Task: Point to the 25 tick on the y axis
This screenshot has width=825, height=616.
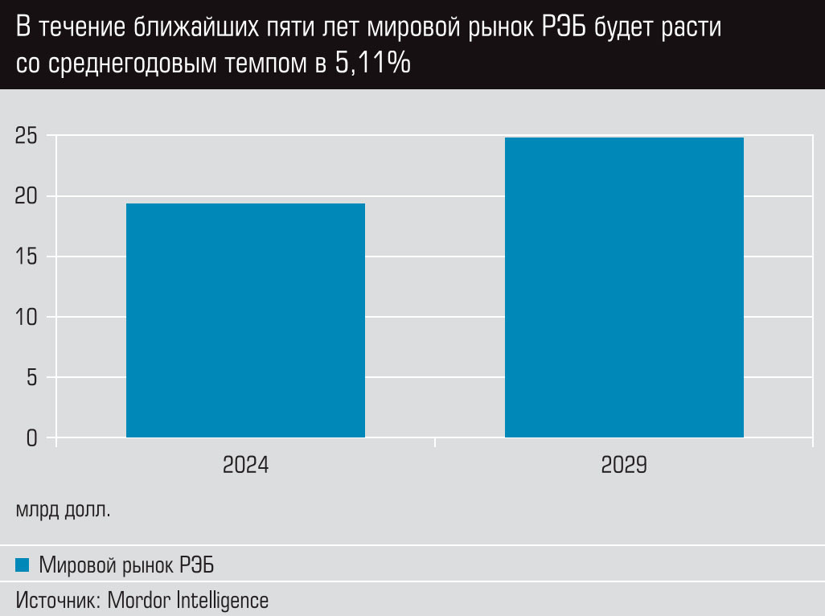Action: point(27,137)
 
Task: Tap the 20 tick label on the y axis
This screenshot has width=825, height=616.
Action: point(27,197)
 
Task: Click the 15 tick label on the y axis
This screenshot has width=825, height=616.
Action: point(27,257)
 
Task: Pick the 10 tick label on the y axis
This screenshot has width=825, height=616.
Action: point(27,318)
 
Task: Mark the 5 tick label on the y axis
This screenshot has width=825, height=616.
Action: point(32,378)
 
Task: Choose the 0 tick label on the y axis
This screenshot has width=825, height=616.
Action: point(32,438)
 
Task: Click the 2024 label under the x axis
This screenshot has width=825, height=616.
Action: point(245,466)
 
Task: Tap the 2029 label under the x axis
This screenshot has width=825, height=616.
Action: point(624,466)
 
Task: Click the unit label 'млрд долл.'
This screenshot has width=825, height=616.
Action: point(63,510)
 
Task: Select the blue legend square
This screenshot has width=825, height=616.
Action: point(23,565)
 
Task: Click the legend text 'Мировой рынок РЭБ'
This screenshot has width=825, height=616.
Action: point(126,565)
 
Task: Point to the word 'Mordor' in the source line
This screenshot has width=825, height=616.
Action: point(138,600)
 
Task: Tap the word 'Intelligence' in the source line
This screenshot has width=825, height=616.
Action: point(221,600)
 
